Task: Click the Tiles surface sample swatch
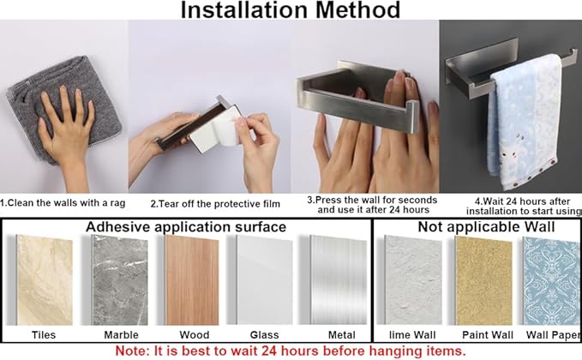coord(45,280)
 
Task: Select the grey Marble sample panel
coord(120,280)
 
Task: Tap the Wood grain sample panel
coord(191,280)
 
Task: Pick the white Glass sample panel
coord(265,280)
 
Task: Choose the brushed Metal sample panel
coord(339,280)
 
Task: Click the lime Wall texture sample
coord(413,280)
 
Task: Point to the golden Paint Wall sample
coord(484,281)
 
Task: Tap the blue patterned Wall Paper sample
coord(552,281)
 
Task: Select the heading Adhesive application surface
coord(186,227)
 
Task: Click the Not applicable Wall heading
coord(486,227)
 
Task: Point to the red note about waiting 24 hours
coord(291,351)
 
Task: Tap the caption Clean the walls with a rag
coord(63,203)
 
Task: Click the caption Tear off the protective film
coord(215,204)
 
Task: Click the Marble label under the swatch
coord(121,335)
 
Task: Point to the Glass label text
coord(264,335)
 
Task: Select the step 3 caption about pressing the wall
coord(372,205)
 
